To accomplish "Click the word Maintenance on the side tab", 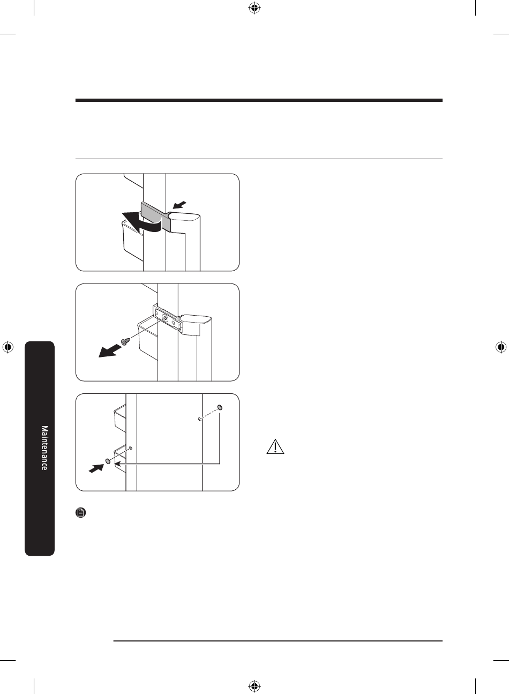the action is (44, 447).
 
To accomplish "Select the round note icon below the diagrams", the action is (81, 512).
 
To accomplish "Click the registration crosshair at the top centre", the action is (254, 9).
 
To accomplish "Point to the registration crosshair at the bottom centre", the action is (254, 685).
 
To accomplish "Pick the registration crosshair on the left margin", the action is (8, 347).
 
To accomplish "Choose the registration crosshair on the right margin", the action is (500, 347).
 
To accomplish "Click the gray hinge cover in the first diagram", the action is (156, 215).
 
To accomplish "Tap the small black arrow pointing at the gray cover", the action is (179, 205).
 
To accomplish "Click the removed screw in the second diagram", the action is (125, 341).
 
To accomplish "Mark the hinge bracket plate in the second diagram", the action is (167, 319).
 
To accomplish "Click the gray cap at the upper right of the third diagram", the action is (220, 407).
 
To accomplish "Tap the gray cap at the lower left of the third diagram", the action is (108, 461).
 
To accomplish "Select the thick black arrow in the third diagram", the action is (96, 468).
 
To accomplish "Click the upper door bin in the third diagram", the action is (120, 417).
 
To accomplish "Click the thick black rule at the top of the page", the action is (259, 100).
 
